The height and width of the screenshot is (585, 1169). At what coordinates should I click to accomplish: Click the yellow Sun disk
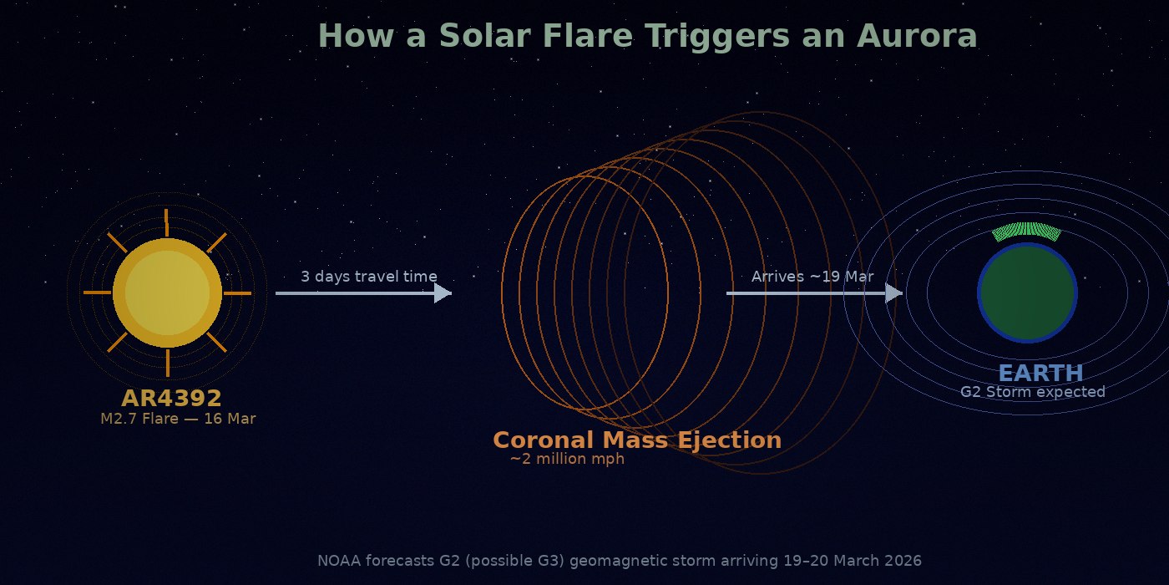(x=167, y=292)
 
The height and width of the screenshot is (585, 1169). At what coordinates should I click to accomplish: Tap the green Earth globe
(x=1027, y=293)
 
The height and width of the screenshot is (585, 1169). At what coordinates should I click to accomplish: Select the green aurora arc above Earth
(x=1027, y=231)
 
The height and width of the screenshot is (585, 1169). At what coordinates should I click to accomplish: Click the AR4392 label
(x=171, y=398)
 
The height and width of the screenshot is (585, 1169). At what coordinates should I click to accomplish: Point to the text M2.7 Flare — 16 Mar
(x=178, y=419)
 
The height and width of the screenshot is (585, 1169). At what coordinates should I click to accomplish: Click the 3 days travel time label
(x=368, y=277)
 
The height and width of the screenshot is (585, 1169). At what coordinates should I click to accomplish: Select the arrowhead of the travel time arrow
(x=443, y=292)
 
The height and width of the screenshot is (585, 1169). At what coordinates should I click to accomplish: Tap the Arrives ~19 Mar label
(x=812, y=277)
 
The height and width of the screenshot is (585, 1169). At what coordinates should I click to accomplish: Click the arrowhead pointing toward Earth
(x=894, y=292)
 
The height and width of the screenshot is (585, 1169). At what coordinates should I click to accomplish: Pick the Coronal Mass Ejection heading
(x=637, y=440)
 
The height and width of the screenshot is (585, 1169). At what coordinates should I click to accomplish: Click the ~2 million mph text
(x=567, y=459)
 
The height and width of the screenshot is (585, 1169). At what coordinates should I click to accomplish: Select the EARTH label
(x=1040, y=373)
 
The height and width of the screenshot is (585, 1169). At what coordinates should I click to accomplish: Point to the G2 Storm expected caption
(x=1032, y=392)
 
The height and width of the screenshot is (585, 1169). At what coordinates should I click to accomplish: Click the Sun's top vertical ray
(x=167, y=222)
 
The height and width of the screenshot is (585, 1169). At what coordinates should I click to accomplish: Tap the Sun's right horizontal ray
(x=237, y=293)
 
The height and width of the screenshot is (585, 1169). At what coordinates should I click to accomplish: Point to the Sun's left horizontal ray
(x=98, y=293)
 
